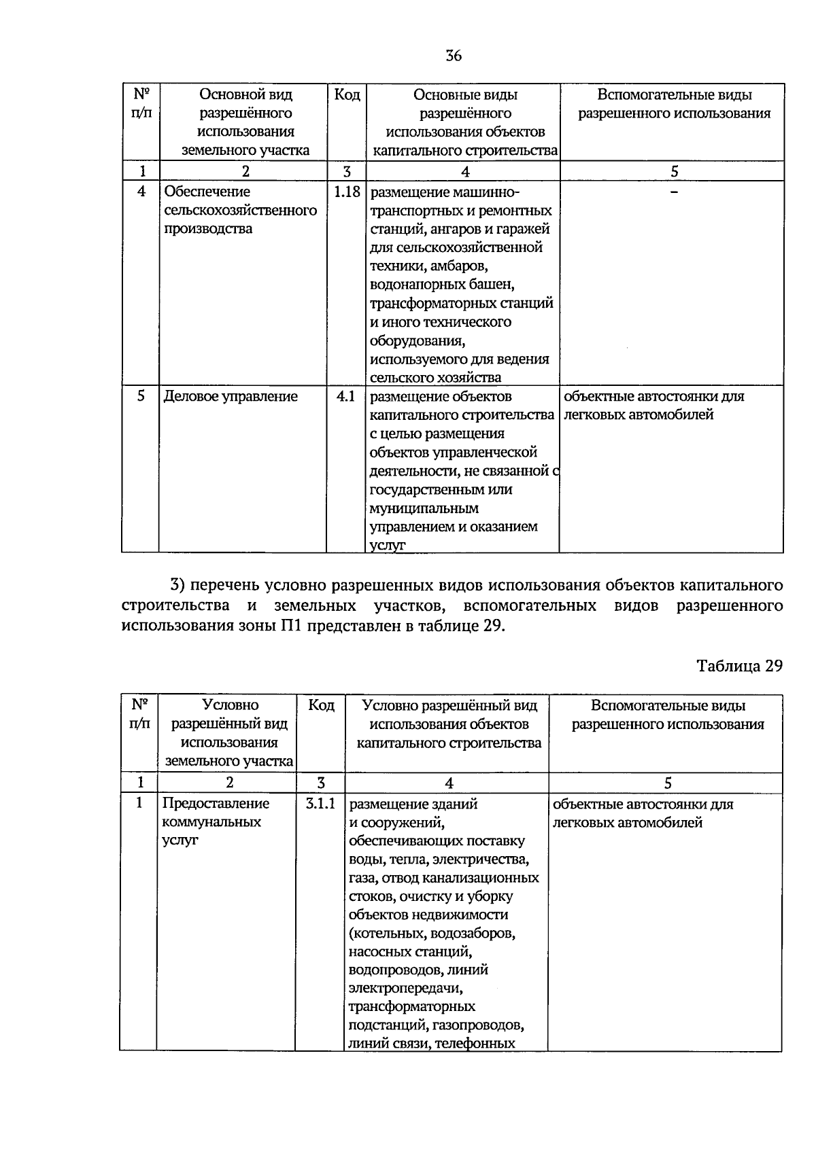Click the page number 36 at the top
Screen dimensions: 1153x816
point(454,56)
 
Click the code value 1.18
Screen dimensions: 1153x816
point(346,192)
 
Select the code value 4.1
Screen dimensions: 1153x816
point(346,396)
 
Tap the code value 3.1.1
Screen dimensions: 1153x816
point(320,804)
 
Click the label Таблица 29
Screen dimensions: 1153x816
point(739,666)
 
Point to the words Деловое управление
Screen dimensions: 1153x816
point(231,396)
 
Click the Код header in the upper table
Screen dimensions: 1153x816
point(347,94)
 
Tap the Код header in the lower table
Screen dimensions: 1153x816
point(321,705)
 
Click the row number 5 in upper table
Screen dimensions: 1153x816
point(141,395)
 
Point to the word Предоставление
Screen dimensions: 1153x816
point(216,804)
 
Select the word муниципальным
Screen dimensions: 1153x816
point(424,508)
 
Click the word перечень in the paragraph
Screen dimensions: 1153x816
point(223,586)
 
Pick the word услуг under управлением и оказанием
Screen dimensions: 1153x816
point(387,545)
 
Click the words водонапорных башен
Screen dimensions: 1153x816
point(442,284)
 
